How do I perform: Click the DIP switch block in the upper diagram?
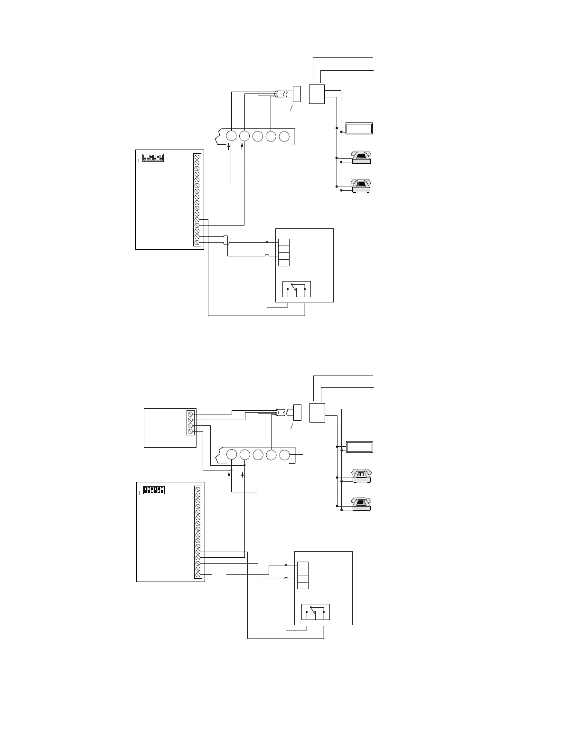pyautogui.click(x=153, y=157)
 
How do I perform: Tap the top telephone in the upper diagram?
pyautogui.click(x=361, y=157)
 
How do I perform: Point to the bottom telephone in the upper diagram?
pyautogui.click(x=361, y=185)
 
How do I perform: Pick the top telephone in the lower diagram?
pyautogui.click(x=361, y=475)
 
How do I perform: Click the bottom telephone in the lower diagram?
pyautogui.click(x=361, y=504)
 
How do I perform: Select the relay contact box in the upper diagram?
pyautogui.click(x=297, y=289)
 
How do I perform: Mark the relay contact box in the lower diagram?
pyautogui.click(x=316, y=612)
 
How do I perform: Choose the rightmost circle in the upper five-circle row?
pyautogui.click(x=284, y=136)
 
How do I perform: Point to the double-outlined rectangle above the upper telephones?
pyautogui.click(x=359, y=128)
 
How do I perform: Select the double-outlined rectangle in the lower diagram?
pyautogui.click(x=359, y=447)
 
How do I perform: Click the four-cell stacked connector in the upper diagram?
pyautogui.click(x=283, y=253)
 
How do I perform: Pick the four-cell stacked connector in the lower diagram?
pyautogui.click(x=303, y=575)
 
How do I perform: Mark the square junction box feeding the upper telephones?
pyautogui.click(x=317, y=94)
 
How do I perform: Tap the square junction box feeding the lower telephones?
pyautogui.click(x=317, y=412)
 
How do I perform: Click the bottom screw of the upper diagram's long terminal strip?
pyautogui.click(x=197, y=242)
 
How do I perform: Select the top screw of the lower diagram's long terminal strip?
pyautogui.click(x=197, y=489)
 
